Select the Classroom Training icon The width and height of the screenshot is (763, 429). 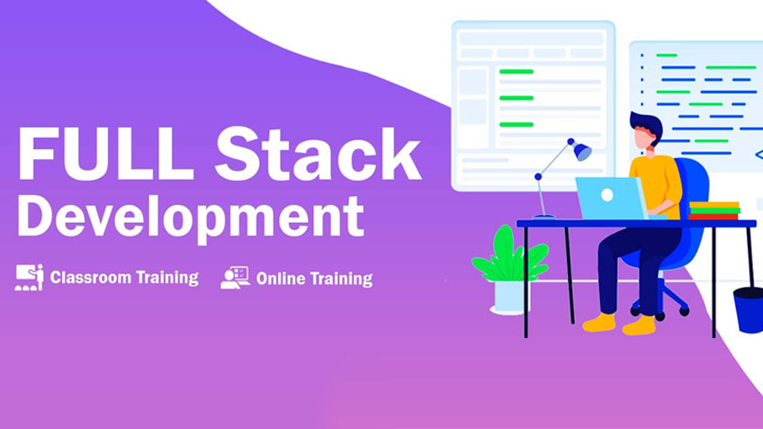(29, 277)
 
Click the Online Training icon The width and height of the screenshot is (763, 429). (235, 277)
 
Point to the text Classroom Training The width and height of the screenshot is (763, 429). (124, 277)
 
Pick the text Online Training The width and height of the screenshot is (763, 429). (314, 279)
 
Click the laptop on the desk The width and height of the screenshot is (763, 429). (608, 198)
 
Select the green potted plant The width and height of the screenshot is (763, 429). (509, 256)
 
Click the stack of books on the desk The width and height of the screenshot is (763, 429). (714, 210)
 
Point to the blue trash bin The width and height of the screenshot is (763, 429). (749, 308)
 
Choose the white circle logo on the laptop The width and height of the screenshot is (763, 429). (607, 194)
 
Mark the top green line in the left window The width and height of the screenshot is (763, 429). (516, 71)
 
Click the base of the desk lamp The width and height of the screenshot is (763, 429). (543, 217)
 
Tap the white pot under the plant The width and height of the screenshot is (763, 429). (510, 296)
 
